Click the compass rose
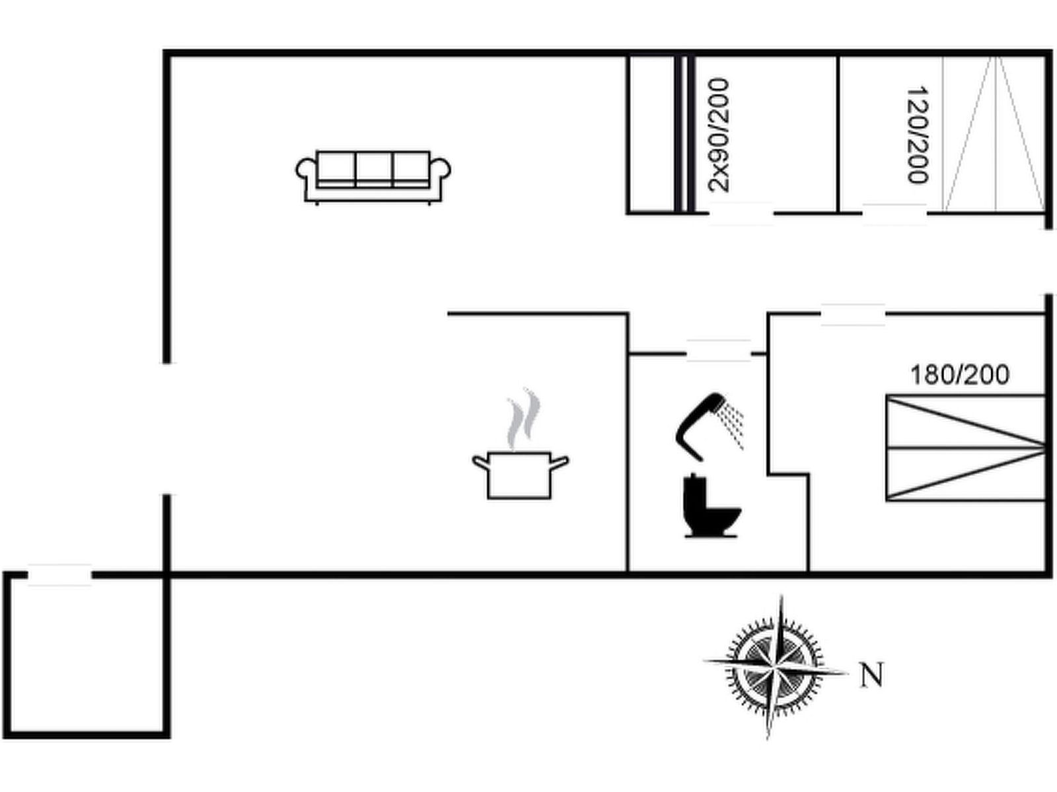(776, 667)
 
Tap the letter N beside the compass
(871, 675)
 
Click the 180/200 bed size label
(960, 376)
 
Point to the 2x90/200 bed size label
(719, 135)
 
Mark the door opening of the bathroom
(719, 351)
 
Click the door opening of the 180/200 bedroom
(852, 315)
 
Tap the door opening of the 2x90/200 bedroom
(741, 213)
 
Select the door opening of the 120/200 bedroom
(894, 214)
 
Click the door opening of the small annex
(59, 575)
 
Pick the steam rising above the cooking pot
(523, 419)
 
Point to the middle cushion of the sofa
(374, 168)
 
